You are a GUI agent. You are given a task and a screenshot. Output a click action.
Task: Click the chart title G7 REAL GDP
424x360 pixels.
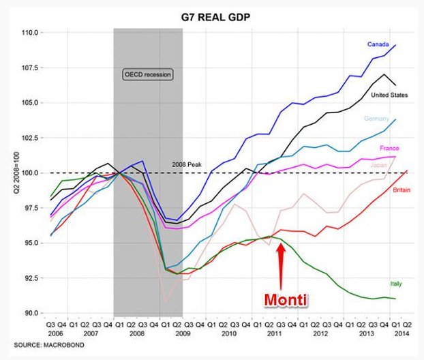213,16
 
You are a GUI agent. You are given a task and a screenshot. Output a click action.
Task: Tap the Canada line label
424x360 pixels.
378,44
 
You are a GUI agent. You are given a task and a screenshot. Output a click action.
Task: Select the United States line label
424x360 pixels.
389,95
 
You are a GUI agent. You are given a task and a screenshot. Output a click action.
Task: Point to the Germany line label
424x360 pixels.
376,118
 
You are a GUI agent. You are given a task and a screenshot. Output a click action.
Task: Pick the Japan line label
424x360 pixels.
379,164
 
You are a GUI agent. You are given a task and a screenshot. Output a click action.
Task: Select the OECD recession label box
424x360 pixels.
148,74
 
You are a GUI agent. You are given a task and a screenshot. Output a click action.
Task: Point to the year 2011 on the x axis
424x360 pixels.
274,335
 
